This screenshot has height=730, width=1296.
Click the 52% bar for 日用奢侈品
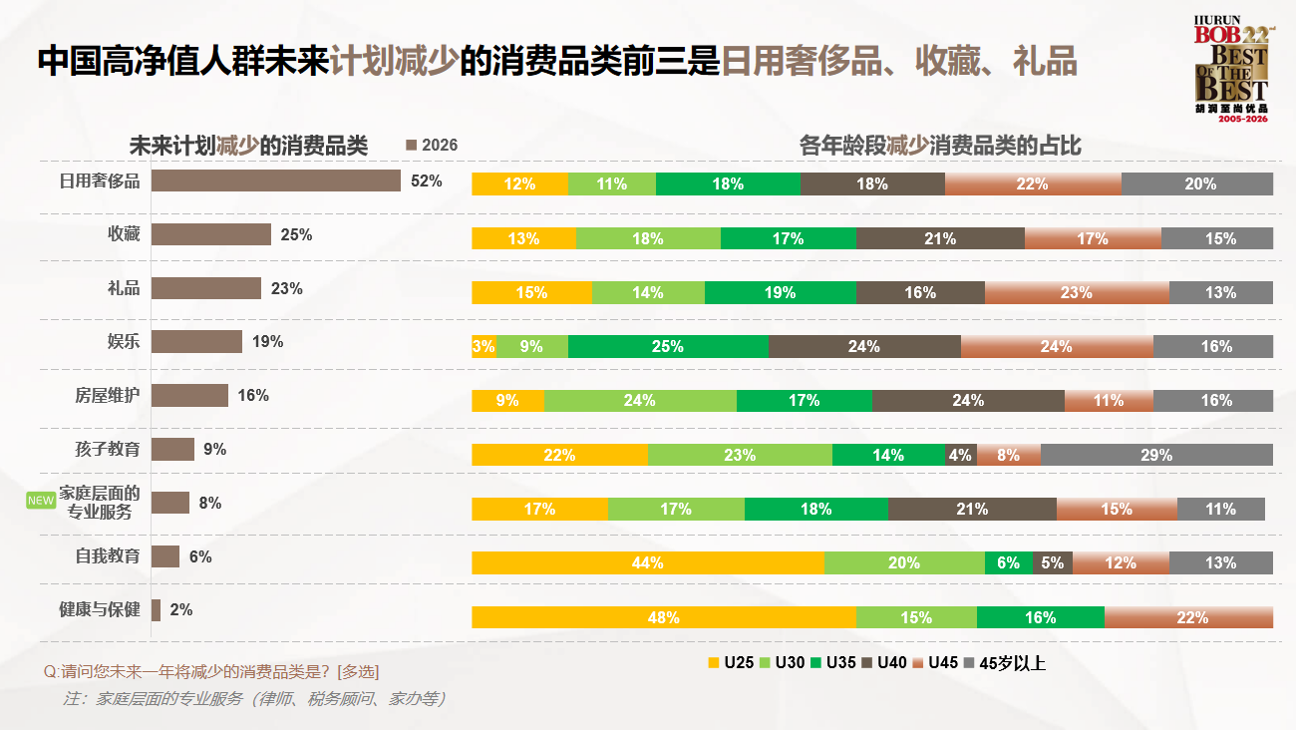(x=276, y=181)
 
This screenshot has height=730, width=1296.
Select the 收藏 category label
(x=124, y=234)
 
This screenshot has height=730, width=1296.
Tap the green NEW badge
(x=40, y=501)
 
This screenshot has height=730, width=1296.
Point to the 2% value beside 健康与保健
(x=180, y=609)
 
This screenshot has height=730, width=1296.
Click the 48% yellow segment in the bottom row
(x=664, y=617)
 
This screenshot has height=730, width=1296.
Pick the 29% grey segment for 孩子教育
(x=1156, y=455)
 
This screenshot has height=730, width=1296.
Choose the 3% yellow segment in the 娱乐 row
(x=484, y=346)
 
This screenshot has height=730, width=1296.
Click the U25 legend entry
(x=730, y=662)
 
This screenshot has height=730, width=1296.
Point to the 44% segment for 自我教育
(x=648, y=562)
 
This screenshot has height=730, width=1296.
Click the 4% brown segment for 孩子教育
(x=960, y=455)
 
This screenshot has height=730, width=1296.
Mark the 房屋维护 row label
(x=108, y=395)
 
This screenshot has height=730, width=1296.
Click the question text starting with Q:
(x=211, y=671)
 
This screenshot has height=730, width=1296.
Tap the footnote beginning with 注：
(x=254, y=699)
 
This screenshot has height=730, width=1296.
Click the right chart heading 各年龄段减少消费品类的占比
(x=940, y=147)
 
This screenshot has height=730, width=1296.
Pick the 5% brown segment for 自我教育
(x=1053, y=562)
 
